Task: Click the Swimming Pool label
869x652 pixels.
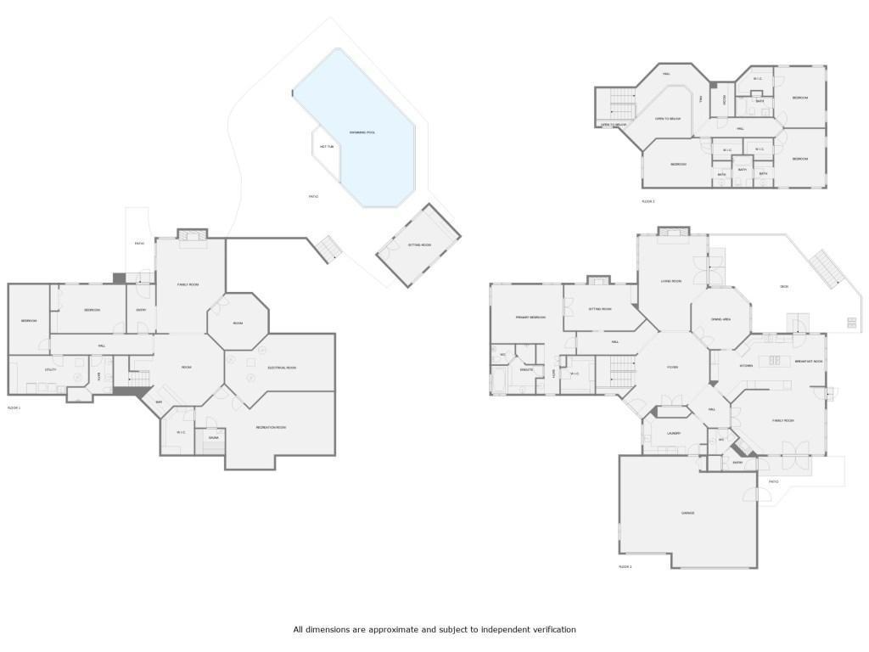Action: pyautogui.click(x=362, y=132)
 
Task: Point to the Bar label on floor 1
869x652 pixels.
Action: pyautogui.click(x=158, y=402)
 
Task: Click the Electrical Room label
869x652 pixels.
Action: pyautogui.click(x=281, y=368)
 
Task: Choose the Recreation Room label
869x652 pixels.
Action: pyautogui.click(x=271, y=427)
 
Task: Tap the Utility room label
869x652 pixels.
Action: pyautogui.click(x=39, y=369)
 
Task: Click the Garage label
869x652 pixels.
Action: pyautogui.click(x=688, y=513)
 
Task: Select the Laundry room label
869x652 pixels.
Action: pyautogui.click(x=674, y=433)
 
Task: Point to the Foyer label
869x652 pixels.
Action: pyautogui.click(x=671, y=368)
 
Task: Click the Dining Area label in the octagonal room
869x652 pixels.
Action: pyautogui.click(x=721, y=318)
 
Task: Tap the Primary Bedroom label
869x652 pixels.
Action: pyautogui.click(x=530, y=317)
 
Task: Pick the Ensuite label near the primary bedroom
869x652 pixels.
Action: pyautogui.click(x=526, y=370)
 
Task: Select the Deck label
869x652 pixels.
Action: pyautogui.click(x=783, y=286)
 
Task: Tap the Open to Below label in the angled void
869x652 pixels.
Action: pyautogui.click(x=667, y=119)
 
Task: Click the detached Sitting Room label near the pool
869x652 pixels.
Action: pyautogui.click(x=419, y=244)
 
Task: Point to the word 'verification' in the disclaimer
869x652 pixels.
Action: pyautogui.click(x=552, y=630)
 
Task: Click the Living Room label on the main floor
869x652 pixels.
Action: pyautogui.click(x=671, y=280)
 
